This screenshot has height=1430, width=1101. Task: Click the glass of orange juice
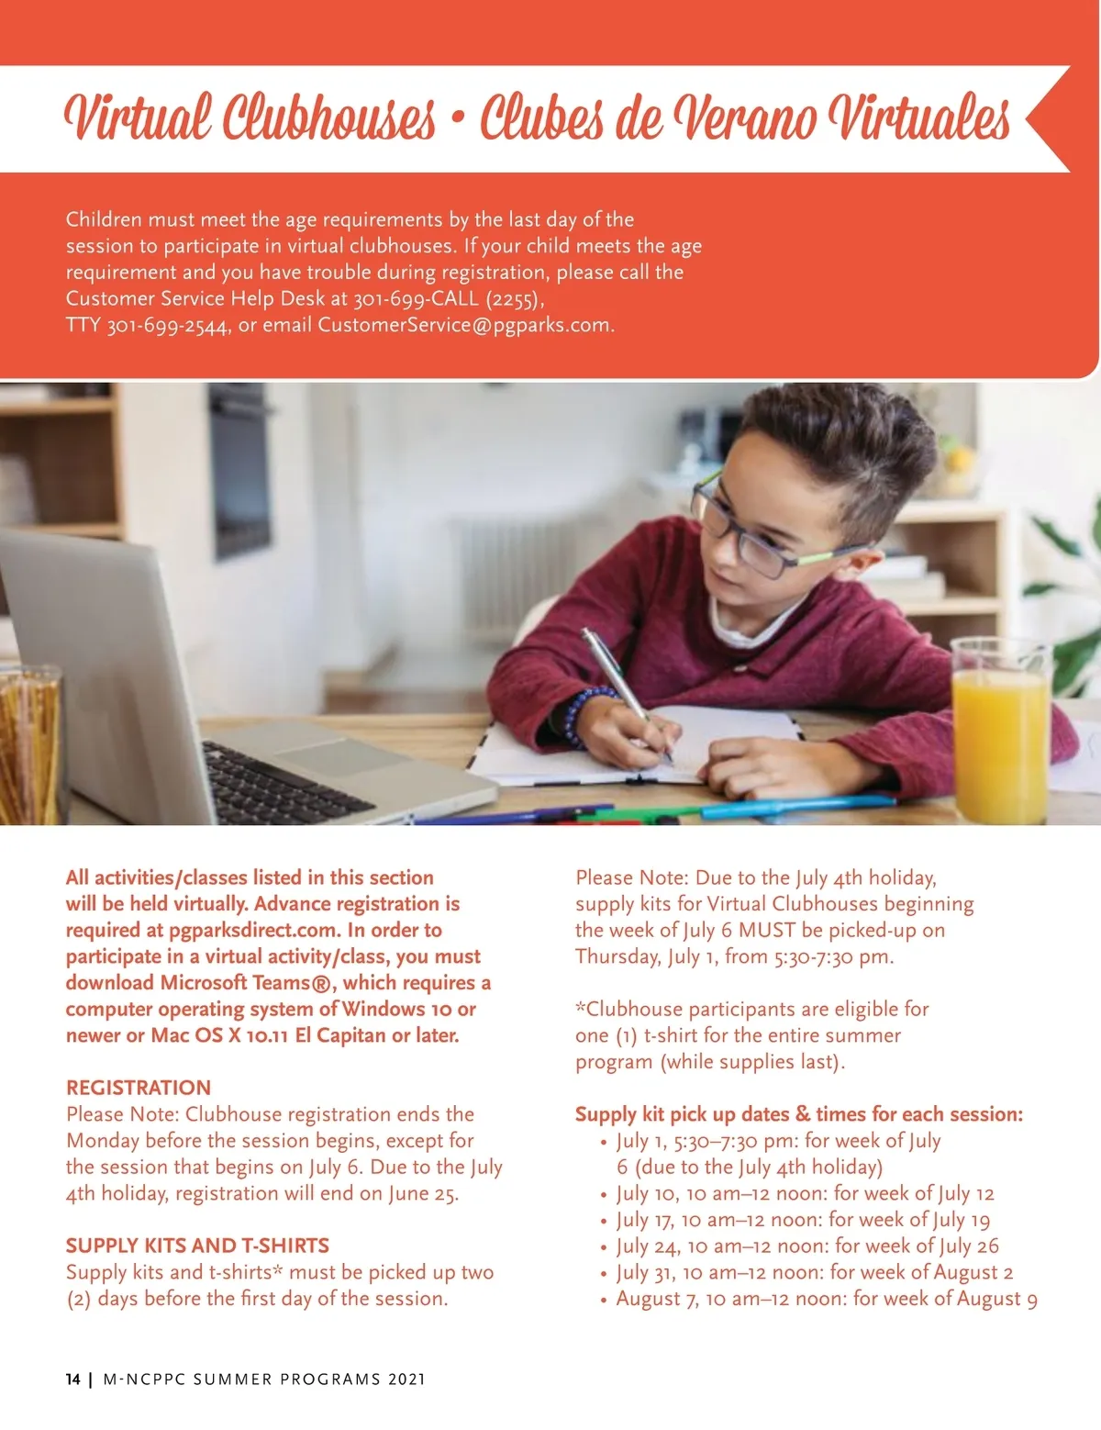click(x=1000, y=734)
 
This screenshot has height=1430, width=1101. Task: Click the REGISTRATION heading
click(x=139, y=1088)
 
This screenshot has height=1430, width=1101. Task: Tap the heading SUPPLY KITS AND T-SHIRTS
click(x=197, y=1246)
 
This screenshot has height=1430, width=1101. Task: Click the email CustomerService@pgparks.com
click(x=464, y=325)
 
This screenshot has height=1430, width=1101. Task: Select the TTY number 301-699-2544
click(x=167, y=326)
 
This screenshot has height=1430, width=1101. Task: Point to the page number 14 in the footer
click(x=73, y=1379)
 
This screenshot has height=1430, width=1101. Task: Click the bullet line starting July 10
click(x=805, y=1193)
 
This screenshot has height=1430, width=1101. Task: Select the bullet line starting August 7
click(x=826, y=1299)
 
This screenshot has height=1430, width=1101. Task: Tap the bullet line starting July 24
click(x=806, y=1246)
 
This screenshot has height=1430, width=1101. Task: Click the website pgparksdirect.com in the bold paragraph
click(x=253, y=930)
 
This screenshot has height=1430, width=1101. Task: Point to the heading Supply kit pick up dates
click(x=798, y=1114)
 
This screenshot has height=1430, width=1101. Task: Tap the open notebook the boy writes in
click(x=633, y=743)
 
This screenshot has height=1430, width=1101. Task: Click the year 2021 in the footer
click(x=406, y=1379)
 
